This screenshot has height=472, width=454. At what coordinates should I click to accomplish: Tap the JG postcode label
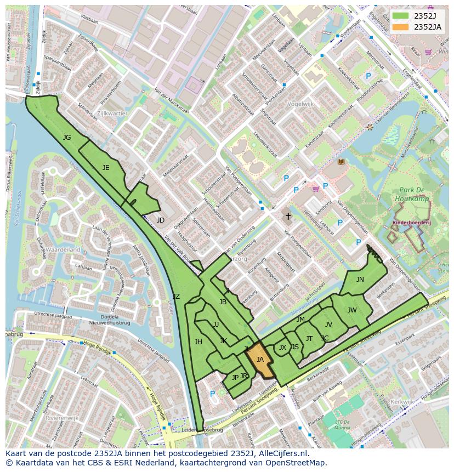67,138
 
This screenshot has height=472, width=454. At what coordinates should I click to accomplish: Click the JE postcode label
106,168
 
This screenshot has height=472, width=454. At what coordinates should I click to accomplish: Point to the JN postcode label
360,280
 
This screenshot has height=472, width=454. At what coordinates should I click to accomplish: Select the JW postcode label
352,310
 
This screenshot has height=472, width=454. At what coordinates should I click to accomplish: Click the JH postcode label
198,342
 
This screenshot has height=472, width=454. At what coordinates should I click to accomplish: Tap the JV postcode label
328,325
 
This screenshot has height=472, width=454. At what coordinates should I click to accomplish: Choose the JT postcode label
309,339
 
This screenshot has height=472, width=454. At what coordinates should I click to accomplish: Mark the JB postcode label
223,302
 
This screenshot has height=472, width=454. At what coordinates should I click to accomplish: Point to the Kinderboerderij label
412,224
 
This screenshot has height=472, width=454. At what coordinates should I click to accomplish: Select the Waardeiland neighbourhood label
63,249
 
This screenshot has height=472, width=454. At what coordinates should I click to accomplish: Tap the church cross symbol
288,217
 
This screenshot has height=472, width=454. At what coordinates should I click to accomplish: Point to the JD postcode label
160,220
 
